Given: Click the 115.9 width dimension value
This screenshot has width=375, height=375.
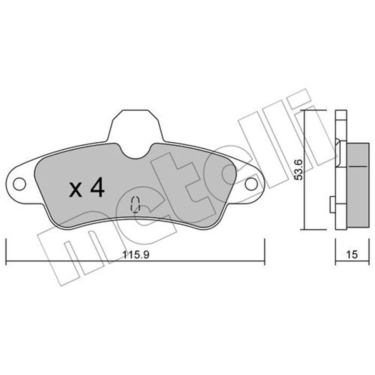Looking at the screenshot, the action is pos(136,255).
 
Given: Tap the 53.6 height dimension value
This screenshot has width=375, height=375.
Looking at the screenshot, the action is pos(299,169).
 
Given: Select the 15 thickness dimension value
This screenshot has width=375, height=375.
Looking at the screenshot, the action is pos(352,255).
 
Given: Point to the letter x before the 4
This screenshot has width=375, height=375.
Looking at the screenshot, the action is pos(75,190).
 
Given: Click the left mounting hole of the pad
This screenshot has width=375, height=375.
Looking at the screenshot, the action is pos(19,184).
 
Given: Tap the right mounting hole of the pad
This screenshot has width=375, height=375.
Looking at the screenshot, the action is pos(251,184).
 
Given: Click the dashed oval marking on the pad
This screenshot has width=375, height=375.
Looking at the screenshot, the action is pos(135,205).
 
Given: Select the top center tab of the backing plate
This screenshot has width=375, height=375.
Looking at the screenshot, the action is pos(136,126).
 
